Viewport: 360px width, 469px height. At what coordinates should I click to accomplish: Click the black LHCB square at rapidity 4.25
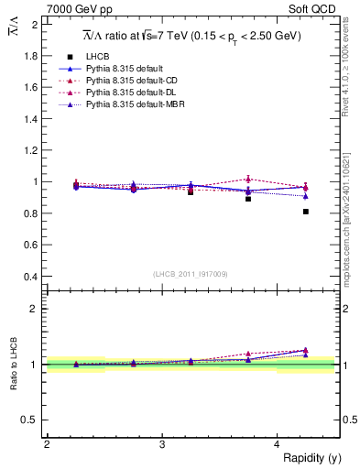pos(306,212)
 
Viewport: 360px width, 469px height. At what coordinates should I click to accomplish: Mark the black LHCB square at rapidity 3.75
pos(248,198)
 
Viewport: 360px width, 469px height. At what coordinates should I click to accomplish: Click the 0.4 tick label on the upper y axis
pos(31,276)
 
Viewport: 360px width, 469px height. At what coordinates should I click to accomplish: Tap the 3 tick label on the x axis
pos(161,444)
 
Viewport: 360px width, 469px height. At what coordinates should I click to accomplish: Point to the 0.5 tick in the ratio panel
pos(31,420)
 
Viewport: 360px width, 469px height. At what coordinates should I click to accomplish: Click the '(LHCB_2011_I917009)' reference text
pos(191,274)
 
